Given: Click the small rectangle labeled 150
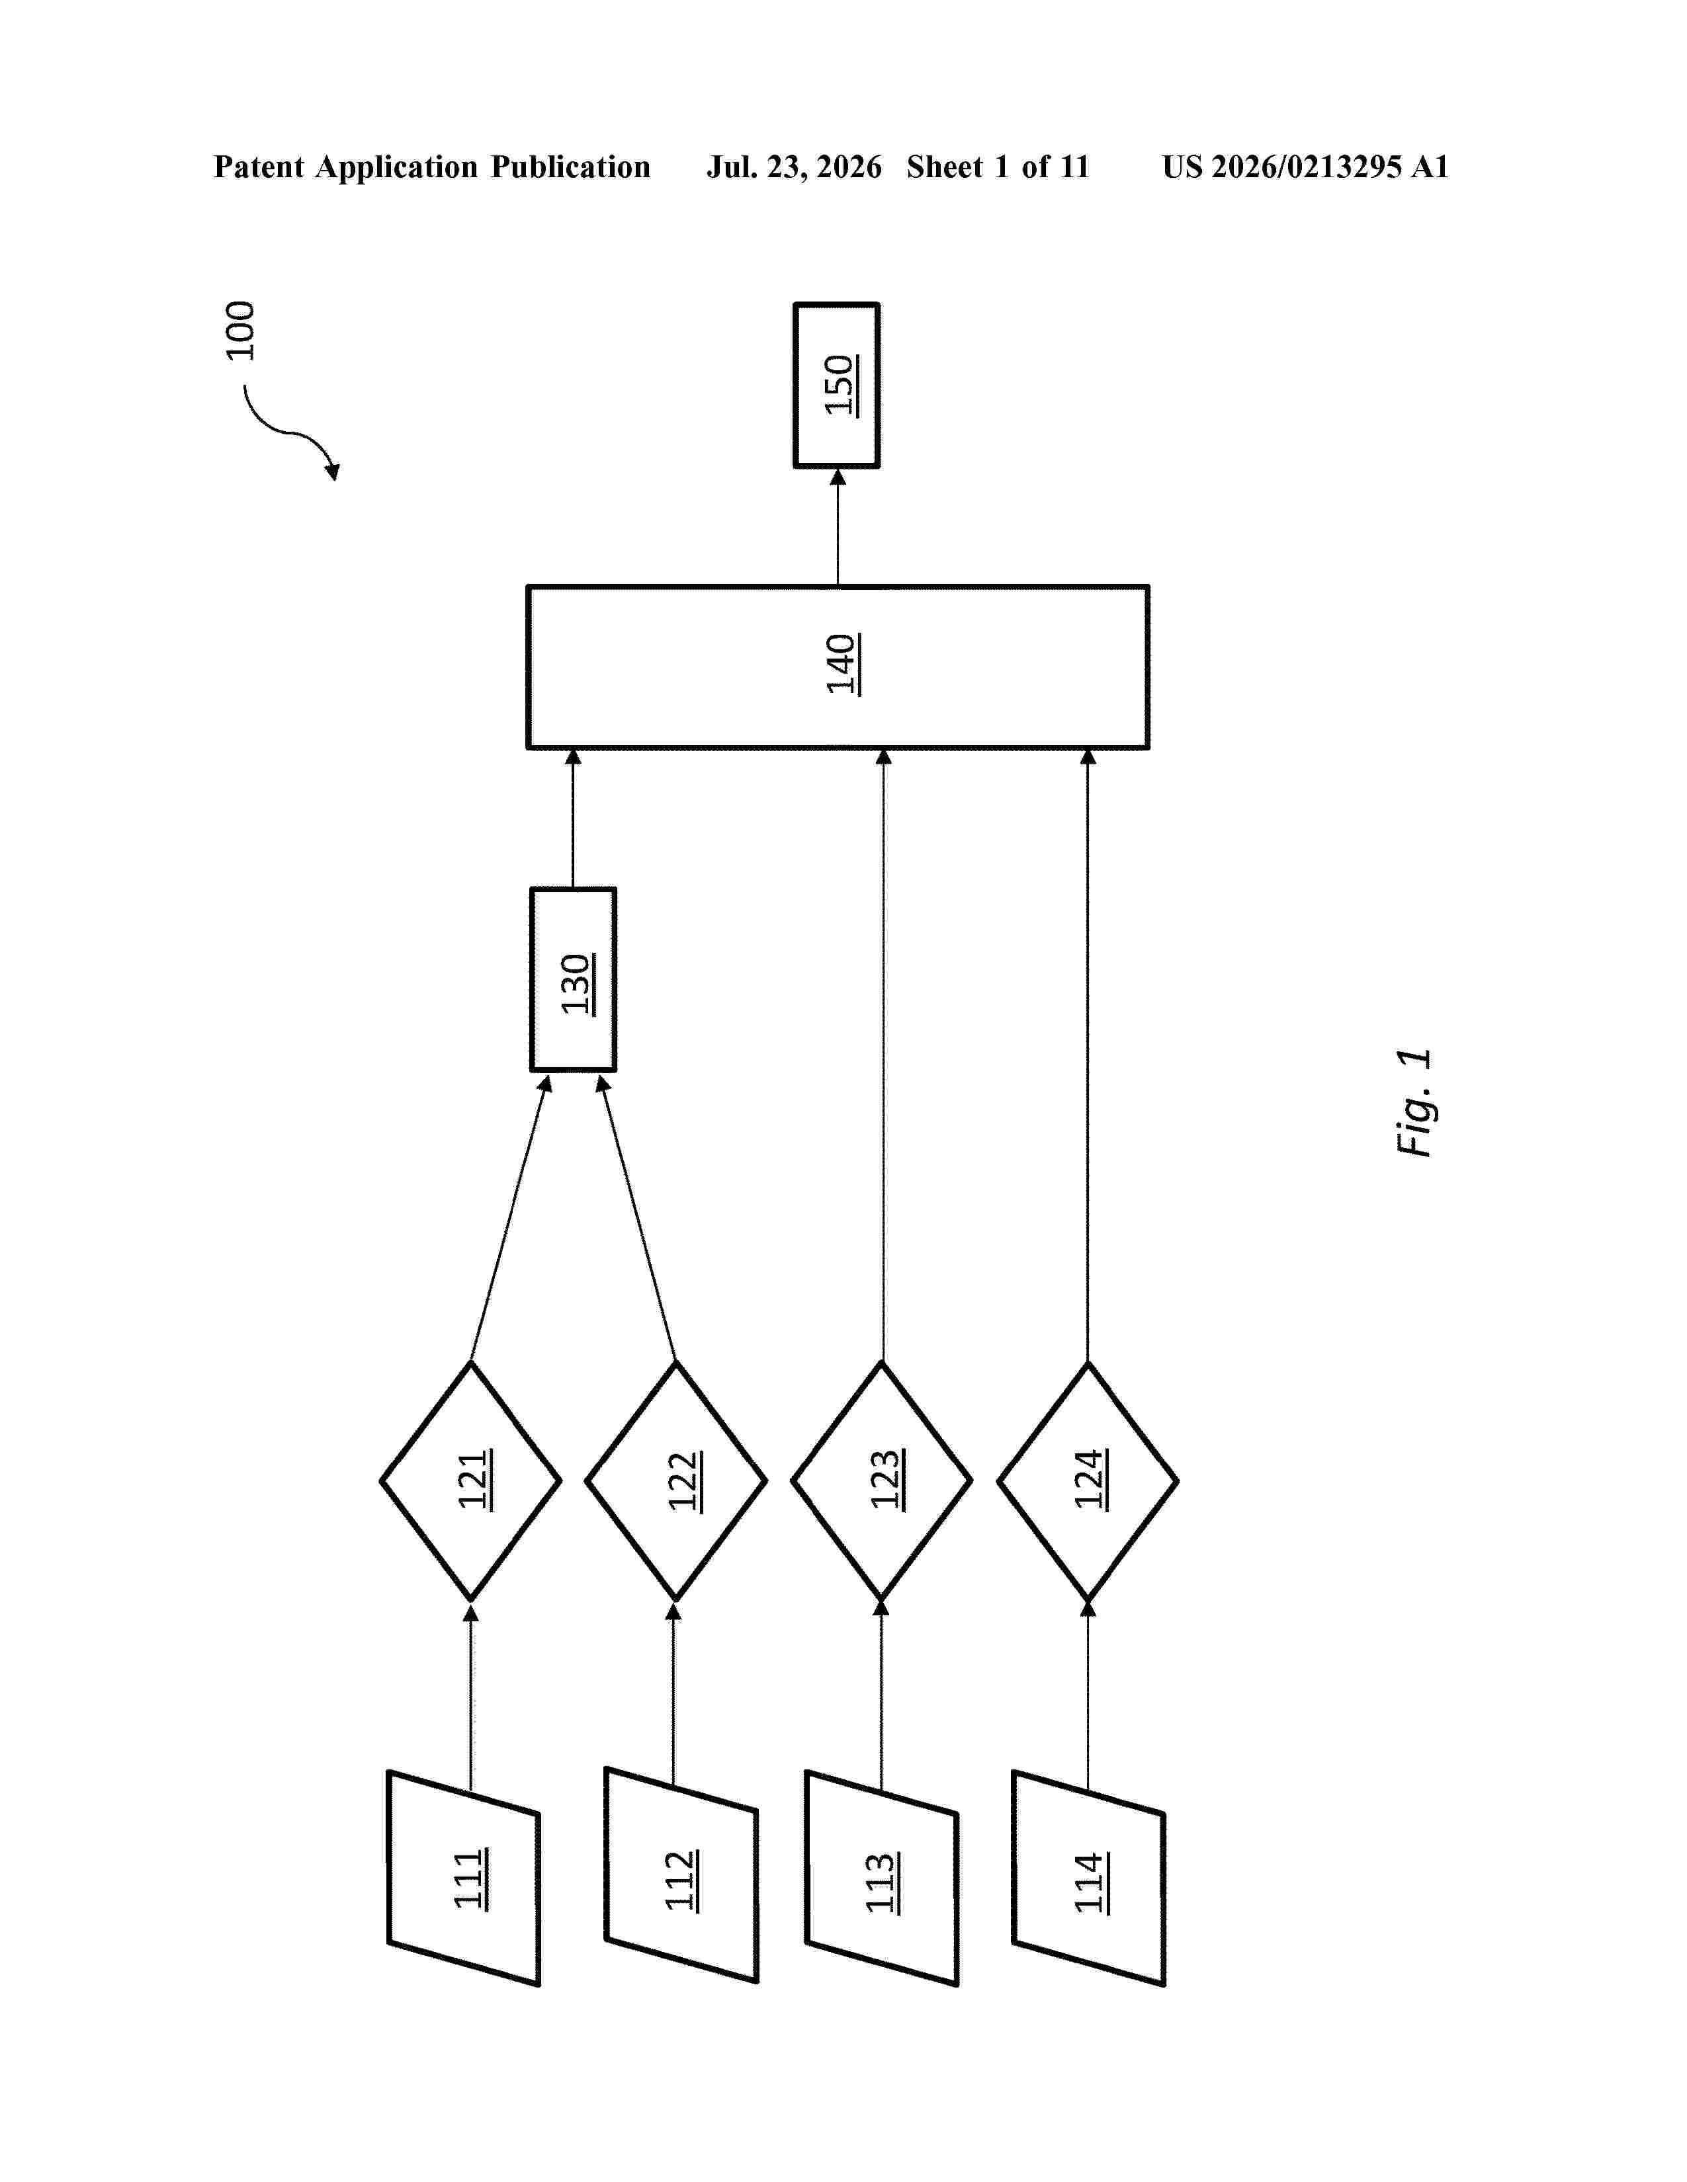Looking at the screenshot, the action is click(x=836, y=385).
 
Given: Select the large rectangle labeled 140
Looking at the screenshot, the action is click(x=838, y=667).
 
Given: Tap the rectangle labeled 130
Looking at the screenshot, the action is click(x=573, y=980).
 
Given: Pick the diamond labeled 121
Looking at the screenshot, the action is click(x=471, y=1480).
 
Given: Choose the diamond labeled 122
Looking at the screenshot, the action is click(x=675, y=1480).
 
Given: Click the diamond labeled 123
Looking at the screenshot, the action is click(x=881, y=1480).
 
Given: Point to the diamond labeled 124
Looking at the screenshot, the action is click(x=1088, y=1480).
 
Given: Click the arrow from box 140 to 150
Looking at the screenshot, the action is click(x=838, y=528).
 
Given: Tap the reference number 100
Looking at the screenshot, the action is click(x=240, y=331).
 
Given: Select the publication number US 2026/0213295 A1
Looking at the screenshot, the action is click(x=1305, y=167).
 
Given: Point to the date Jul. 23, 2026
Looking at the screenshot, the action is click(x=795, y=167).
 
